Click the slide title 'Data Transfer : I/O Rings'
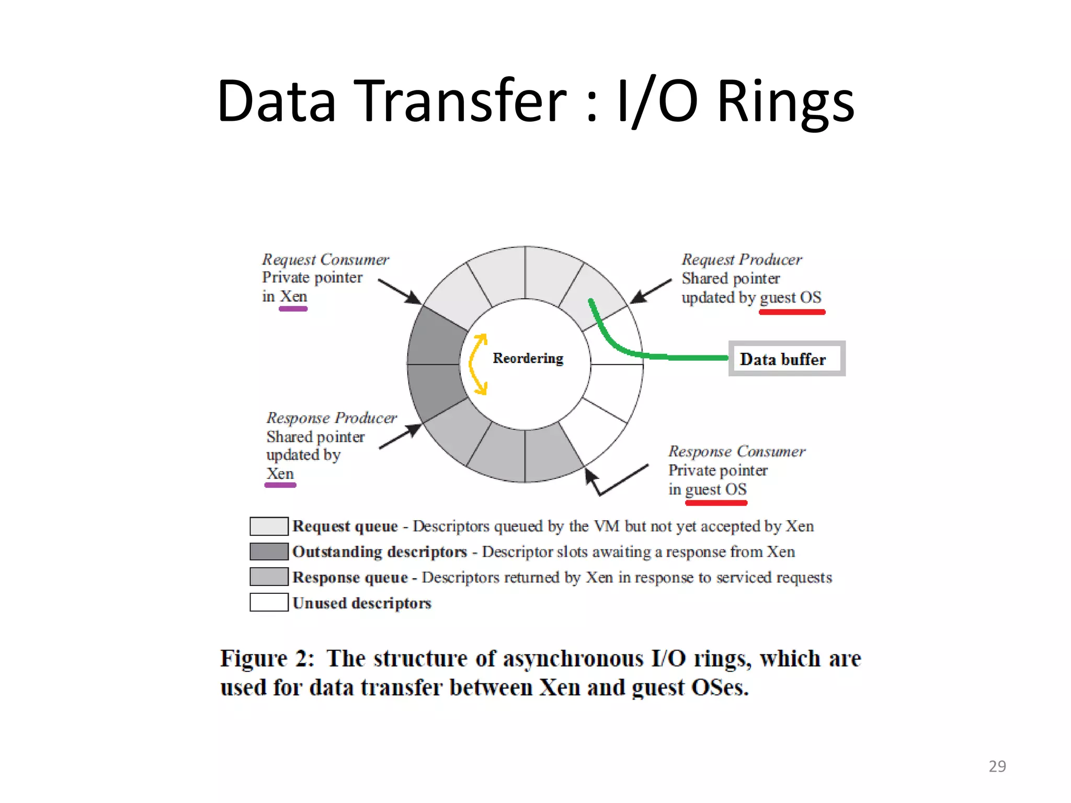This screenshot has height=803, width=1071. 535,100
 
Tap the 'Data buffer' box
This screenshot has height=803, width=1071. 787,359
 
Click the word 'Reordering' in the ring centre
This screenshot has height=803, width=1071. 528,358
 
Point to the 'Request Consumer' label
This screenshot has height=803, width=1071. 325,259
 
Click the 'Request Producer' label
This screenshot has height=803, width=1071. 741,259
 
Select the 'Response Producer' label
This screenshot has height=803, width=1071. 332,418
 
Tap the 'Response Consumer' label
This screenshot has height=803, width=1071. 736,451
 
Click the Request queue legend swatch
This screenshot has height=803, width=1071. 269,526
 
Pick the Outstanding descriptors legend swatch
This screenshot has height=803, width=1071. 269,552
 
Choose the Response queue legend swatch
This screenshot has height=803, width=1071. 269,577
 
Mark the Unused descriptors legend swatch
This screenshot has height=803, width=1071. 269,602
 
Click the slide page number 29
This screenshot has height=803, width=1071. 997,766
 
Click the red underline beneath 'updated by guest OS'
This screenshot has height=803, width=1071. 792,312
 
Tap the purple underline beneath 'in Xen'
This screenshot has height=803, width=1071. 293,309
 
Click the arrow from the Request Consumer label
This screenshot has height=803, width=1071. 400,292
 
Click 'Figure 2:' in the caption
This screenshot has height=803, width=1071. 267,658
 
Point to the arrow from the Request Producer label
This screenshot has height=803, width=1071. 651,292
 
